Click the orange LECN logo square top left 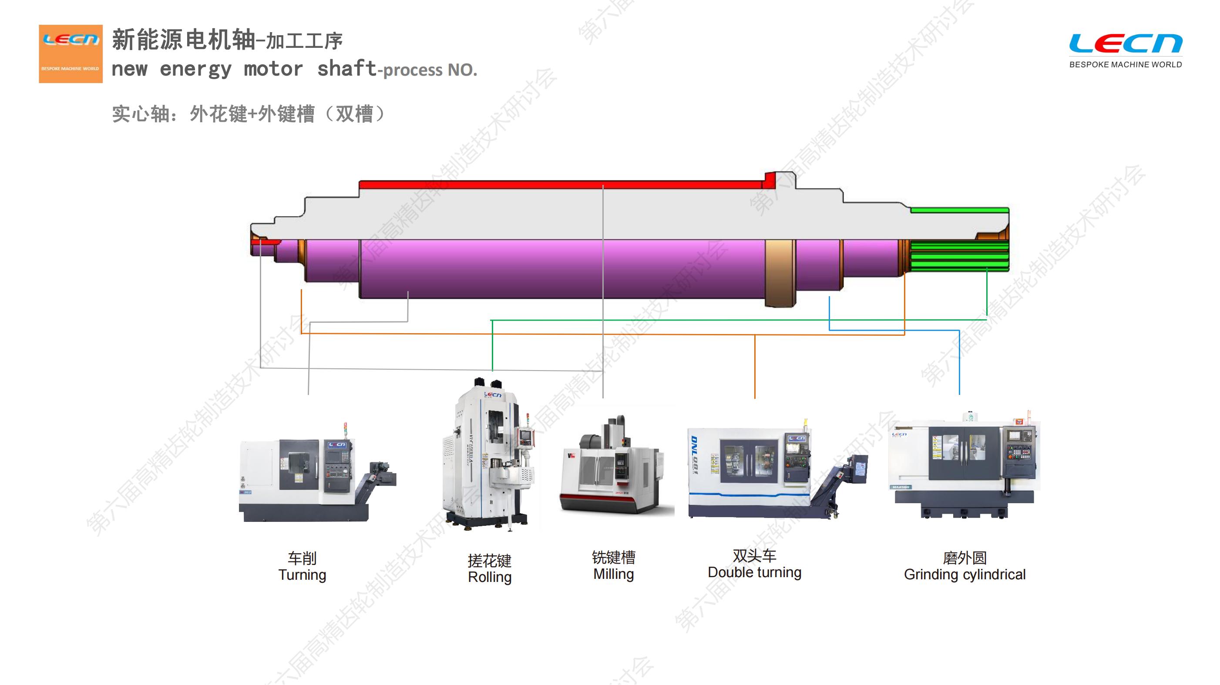click(x=71, y=53)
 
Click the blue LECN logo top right click(x=1125, y=43)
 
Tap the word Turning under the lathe click(x=302, y=575)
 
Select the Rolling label click(x=490, y=577)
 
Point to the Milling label click(x=613, y=574)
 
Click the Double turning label click(x=754, y=572)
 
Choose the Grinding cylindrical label click(x=964, y=574)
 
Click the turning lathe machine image click(x=316, y=478)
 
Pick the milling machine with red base click(x=616, y=469)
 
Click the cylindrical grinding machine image click(x=964, y=466)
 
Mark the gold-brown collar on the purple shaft click(x=780, y=273)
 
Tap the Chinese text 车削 click(x=302, y=558)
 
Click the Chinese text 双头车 click(x=754, y=556)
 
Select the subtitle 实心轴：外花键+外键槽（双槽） click(x=249, y=114)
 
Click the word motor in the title click(x=273, y=69)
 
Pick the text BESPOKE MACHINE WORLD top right click(x=1125, y=64)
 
